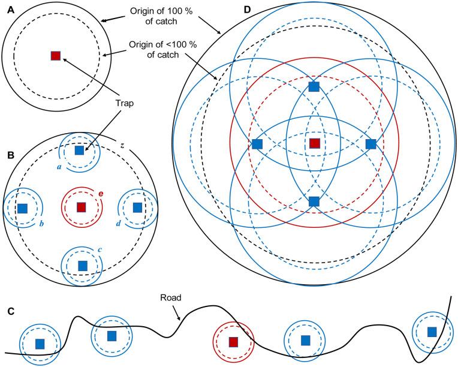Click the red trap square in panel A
[56, 56]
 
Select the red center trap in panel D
[314, 143]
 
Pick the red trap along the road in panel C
[234, 342]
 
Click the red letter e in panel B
[101, 193]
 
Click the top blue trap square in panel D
[314, 87]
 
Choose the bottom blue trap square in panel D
[314, 201]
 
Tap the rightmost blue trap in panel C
[432, 331]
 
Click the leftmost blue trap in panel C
[40, 344]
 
